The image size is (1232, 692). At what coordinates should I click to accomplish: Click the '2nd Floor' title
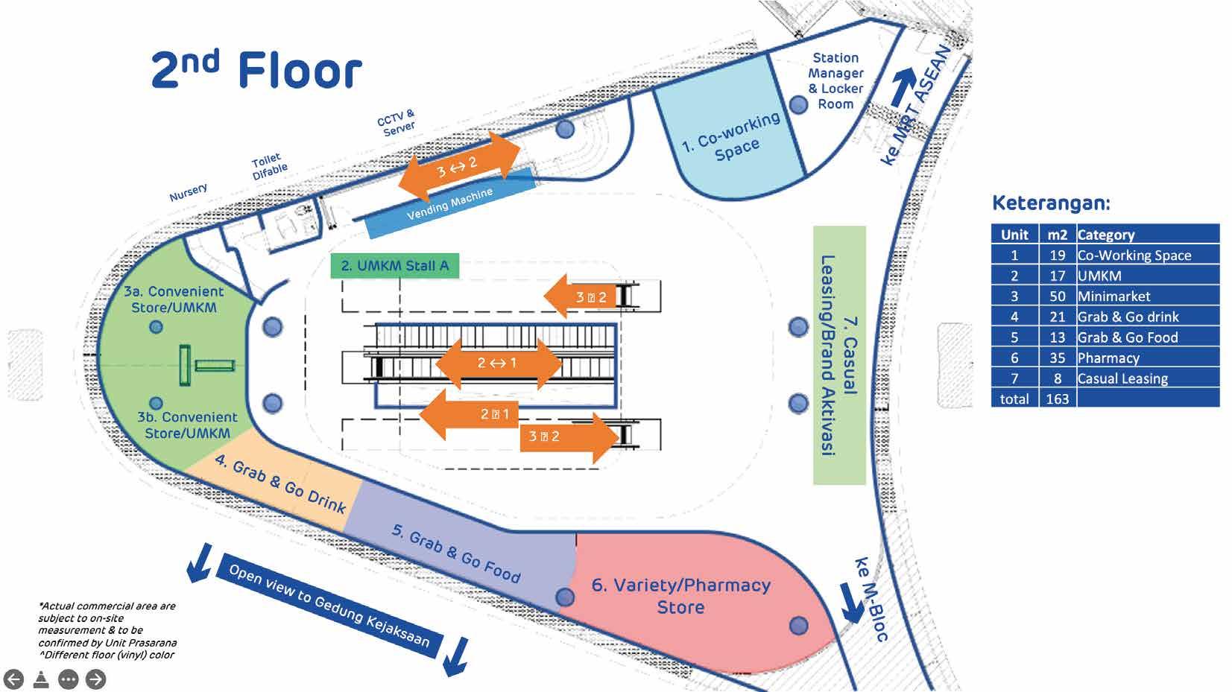[x=256, y=71]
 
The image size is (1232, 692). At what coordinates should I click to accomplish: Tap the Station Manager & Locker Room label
[x=835, y=80]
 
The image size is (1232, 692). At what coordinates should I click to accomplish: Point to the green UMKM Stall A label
[x=394, y=266]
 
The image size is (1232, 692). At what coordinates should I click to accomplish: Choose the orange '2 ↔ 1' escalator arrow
[x=497, y=364]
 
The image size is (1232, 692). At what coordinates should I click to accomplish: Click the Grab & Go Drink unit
[x=279, y=484]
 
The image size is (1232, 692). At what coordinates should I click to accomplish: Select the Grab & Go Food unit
[x=455, y=552]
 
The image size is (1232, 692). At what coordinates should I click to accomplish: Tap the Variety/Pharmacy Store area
[x=680, y=596]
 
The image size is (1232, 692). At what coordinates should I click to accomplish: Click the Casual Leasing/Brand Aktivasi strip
[x=839, y=355]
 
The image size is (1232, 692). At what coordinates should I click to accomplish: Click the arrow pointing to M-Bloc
[x=851, y=601]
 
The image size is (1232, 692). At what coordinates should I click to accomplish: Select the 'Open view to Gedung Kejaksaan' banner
[x=329, y=605]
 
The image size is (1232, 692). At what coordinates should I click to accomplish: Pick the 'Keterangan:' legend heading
[x=1051, y=203]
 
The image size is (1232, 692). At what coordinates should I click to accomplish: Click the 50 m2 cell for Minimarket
[x=1057, y=296]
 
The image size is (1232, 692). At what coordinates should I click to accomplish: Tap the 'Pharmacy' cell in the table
[x=1108, y=358]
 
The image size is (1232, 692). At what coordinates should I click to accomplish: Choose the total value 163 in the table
[x=1057, y=399]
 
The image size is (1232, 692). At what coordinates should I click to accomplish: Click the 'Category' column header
[x=1106, y=235]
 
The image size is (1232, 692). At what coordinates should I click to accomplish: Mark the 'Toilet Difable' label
[x=268, y=167]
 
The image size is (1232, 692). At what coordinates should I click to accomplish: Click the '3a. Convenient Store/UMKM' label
[x=174, y=299]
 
